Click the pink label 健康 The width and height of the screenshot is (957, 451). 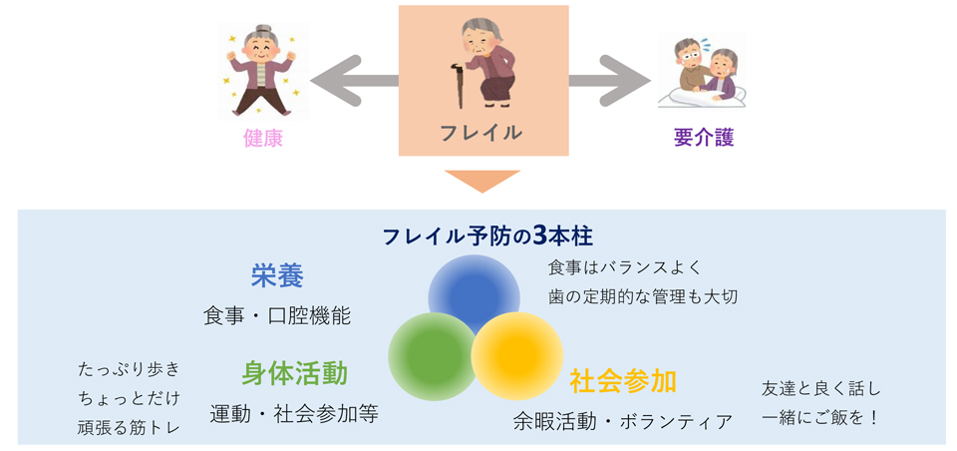click(263, 138)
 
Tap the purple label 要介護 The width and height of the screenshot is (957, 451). click(704, 138)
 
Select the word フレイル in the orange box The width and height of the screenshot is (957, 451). click(480, 132)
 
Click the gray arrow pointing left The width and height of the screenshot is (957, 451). click(354, 80)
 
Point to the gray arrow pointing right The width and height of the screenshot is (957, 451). click(609, 80)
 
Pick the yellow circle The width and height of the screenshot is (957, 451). click(516, 357)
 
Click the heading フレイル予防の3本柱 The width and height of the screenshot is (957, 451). click(487, 236)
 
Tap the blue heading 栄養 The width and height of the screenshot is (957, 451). click(277, 277)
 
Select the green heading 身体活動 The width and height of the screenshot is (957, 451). click(294, 373)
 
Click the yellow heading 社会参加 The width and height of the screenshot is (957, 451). click(622, 381)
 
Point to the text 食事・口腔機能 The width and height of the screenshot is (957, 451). click(277, 316)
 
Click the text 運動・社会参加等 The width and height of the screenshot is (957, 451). click(294, 414)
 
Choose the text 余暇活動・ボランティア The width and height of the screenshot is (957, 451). click(622, 421)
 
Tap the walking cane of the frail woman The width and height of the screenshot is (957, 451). click(457, 85)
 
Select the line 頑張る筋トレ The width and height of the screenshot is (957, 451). click(129, 427)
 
